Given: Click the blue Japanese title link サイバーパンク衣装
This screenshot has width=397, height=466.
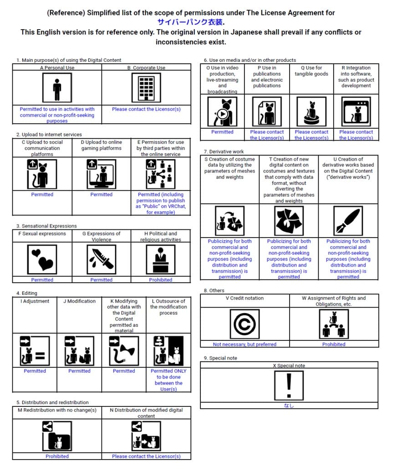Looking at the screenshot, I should click(191, 22).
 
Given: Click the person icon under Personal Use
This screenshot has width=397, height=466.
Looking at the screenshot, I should click(57, 88).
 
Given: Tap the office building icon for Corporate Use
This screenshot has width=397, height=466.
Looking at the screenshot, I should click(146, 88).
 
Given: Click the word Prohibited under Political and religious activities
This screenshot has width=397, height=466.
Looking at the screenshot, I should click(160, 280).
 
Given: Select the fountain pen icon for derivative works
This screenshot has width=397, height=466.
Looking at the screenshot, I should click(348, 221).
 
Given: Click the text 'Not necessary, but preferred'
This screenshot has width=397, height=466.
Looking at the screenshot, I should click(244, 344).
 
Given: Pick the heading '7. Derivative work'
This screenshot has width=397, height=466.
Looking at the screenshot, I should click(224, 152).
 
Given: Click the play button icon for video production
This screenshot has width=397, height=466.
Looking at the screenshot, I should click(222, 112).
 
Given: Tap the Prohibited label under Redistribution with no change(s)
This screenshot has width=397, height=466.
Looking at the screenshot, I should click(57, 456).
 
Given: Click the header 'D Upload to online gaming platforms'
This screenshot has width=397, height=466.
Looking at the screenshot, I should click(101, 145).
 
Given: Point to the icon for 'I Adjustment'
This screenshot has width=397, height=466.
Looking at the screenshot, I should click(35, 351).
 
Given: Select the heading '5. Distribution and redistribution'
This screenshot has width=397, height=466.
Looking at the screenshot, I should click(52, 402).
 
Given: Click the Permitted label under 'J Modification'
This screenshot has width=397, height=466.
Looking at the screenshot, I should click(79, 371).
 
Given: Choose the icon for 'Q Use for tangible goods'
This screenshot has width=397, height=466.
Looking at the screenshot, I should click(311, 112).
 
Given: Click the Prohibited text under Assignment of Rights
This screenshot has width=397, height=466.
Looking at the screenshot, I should click(334, 344).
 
